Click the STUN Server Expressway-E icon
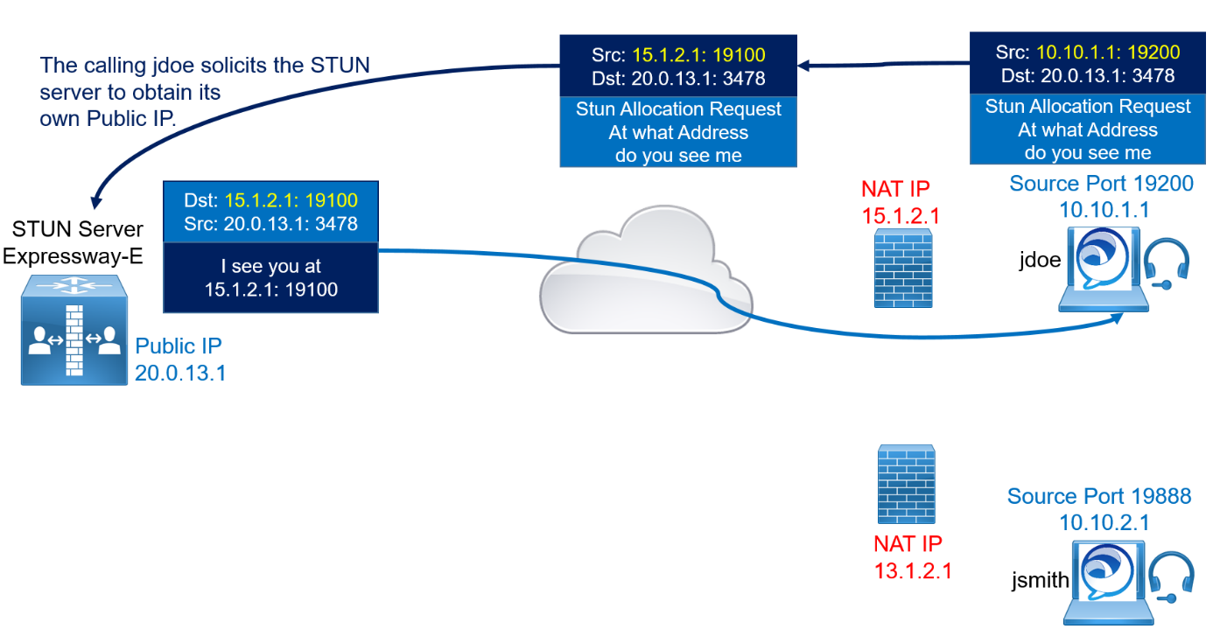point(74,329)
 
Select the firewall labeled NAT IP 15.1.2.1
point(903,268)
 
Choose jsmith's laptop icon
point(1104,582)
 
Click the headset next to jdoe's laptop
point(1167,263)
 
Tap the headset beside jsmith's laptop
point(1171,577)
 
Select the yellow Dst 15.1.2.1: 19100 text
point(291,200)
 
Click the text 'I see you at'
point(270,266)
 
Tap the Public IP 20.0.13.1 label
point(180,360)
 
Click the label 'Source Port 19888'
point(1099,496)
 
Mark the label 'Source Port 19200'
point(1101,184)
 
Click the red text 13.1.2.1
point(913,571)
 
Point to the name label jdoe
point(1040,260)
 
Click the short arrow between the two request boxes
point(883,65)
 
